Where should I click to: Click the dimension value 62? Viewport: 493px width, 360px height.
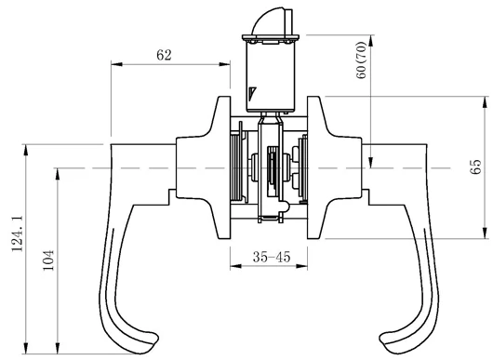[x=164, y=55]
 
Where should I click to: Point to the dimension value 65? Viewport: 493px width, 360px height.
[x=476, y=167]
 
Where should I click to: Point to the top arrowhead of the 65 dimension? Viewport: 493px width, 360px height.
[x=486, y=100]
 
